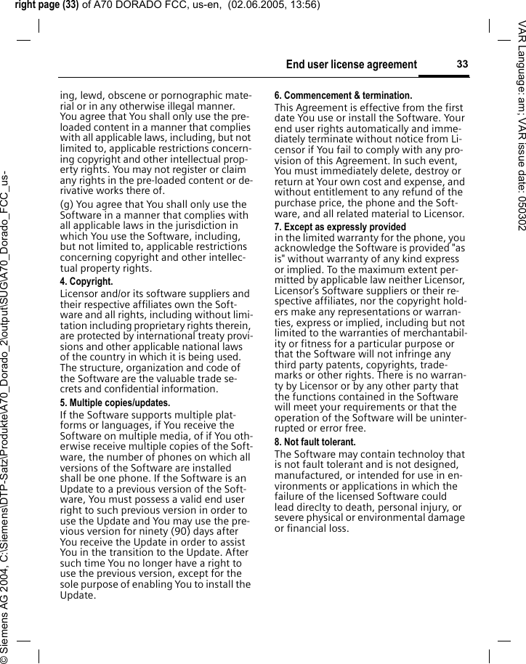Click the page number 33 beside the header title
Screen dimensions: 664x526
[x=462, y=65]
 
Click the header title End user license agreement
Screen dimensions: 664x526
[x=352, y=65]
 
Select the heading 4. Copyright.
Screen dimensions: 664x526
[x=86, y=281]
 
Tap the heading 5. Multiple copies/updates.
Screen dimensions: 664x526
[x=115, y=402]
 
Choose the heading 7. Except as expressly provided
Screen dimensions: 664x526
[x=340, y=227]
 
